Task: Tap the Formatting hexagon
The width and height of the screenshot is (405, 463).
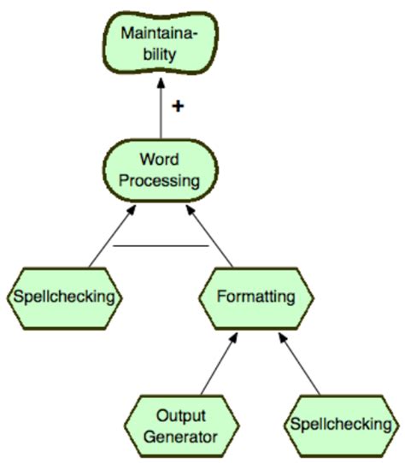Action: tap(256, 297)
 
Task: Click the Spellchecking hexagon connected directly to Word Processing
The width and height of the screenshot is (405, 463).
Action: tap(64, 297)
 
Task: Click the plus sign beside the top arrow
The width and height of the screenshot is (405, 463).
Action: tap(177, 106)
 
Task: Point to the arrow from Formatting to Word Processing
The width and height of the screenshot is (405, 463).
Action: tap(212, 238)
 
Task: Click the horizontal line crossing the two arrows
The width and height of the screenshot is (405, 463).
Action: tap(160, 246)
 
